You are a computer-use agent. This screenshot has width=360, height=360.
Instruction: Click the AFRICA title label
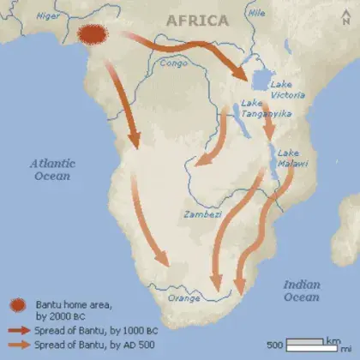click(197, 20)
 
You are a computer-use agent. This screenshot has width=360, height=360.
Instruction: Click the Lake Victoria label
click(285, 90)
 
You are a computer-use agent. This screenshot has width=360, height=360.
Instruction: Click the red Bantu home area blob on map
click(93, 34)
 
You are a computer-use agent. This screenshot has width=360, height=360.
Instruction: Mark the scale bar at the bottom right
click(313, 345)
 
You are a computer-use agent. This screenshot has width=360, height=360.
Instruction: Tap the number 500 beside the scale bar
click(274, 345)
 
